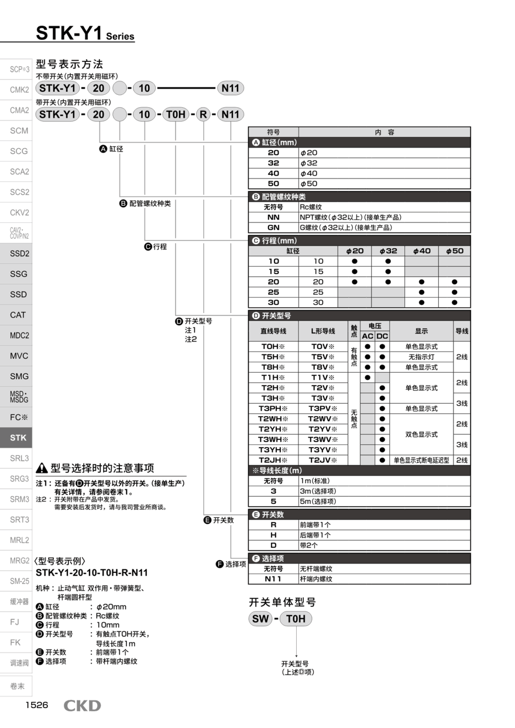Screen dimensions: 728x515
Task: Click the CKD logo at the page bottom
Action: pos(82,706)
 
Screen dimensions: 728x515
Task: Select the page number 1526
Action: pos(36,705)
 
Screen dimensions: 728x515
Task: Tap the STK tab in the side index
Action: pos(18,438)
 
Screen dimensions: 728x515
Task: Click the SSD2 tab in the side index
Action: pos(19,253)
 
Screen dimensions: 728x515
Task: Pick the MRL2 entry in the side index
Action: pos(19,540)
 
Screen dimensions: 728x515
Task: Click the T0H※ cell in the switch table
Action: pos(273,346)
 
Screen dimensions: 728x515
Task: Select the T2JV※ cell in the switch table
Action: pos(323,460)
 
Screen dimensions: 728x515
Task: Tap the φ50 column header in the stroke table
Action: pos(454,250)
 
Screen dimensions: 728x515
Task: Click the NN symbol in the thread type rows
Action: pos(273,217)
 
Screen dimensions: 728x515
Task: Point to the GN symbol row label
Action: pos(273,228)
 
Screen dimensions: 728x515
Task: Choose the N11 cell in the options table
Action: pos(273,579)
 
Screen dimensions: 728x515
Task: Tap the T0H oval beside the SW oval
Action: pos(296,619)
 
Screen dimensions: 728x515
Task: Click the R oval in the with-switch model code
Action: pos(203,114)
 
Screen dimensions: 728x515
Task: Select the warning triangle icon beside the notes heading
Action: pos(42,469)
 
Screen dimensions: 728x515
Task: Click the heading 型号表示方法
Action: pos(69,64)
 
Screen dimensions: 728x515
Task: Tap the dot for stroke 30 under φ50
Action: pos(454,303)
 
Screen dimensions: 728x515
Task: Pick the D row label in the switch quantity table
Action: pos(273,545)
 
